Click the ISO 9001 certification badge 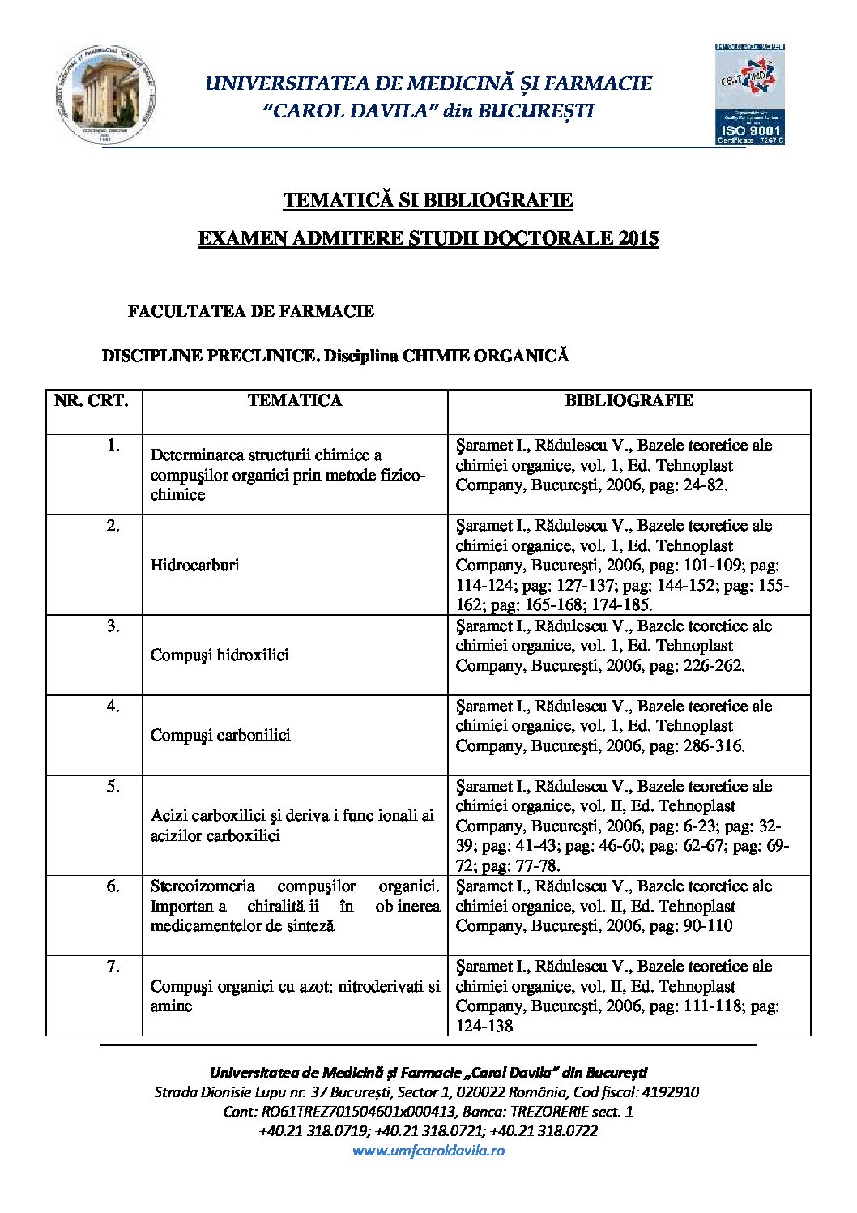coord(750,94)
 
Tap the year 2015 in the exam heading coord(638,238)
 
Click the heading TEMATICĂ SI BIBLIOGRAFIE coord(428,200)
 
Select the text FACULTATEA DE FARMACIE coord(251,311)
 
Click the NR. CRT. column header coord(92,400)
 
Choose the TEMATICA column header coord(295,400)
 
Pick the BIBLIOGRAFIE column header coord(629,400)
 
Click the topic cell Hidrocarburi coord(195,566)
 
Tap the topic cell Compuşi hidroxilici coord(220,656)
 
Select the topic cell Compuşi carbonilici coord(220,736)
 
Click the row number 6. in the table coord(113,886)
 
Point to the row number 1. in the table coord(113,446)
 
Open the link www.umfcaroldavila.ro coord(428,1151)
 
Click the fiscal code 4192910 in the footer coord(668,1092)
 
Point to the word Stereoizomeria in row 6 coord(203,886)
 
